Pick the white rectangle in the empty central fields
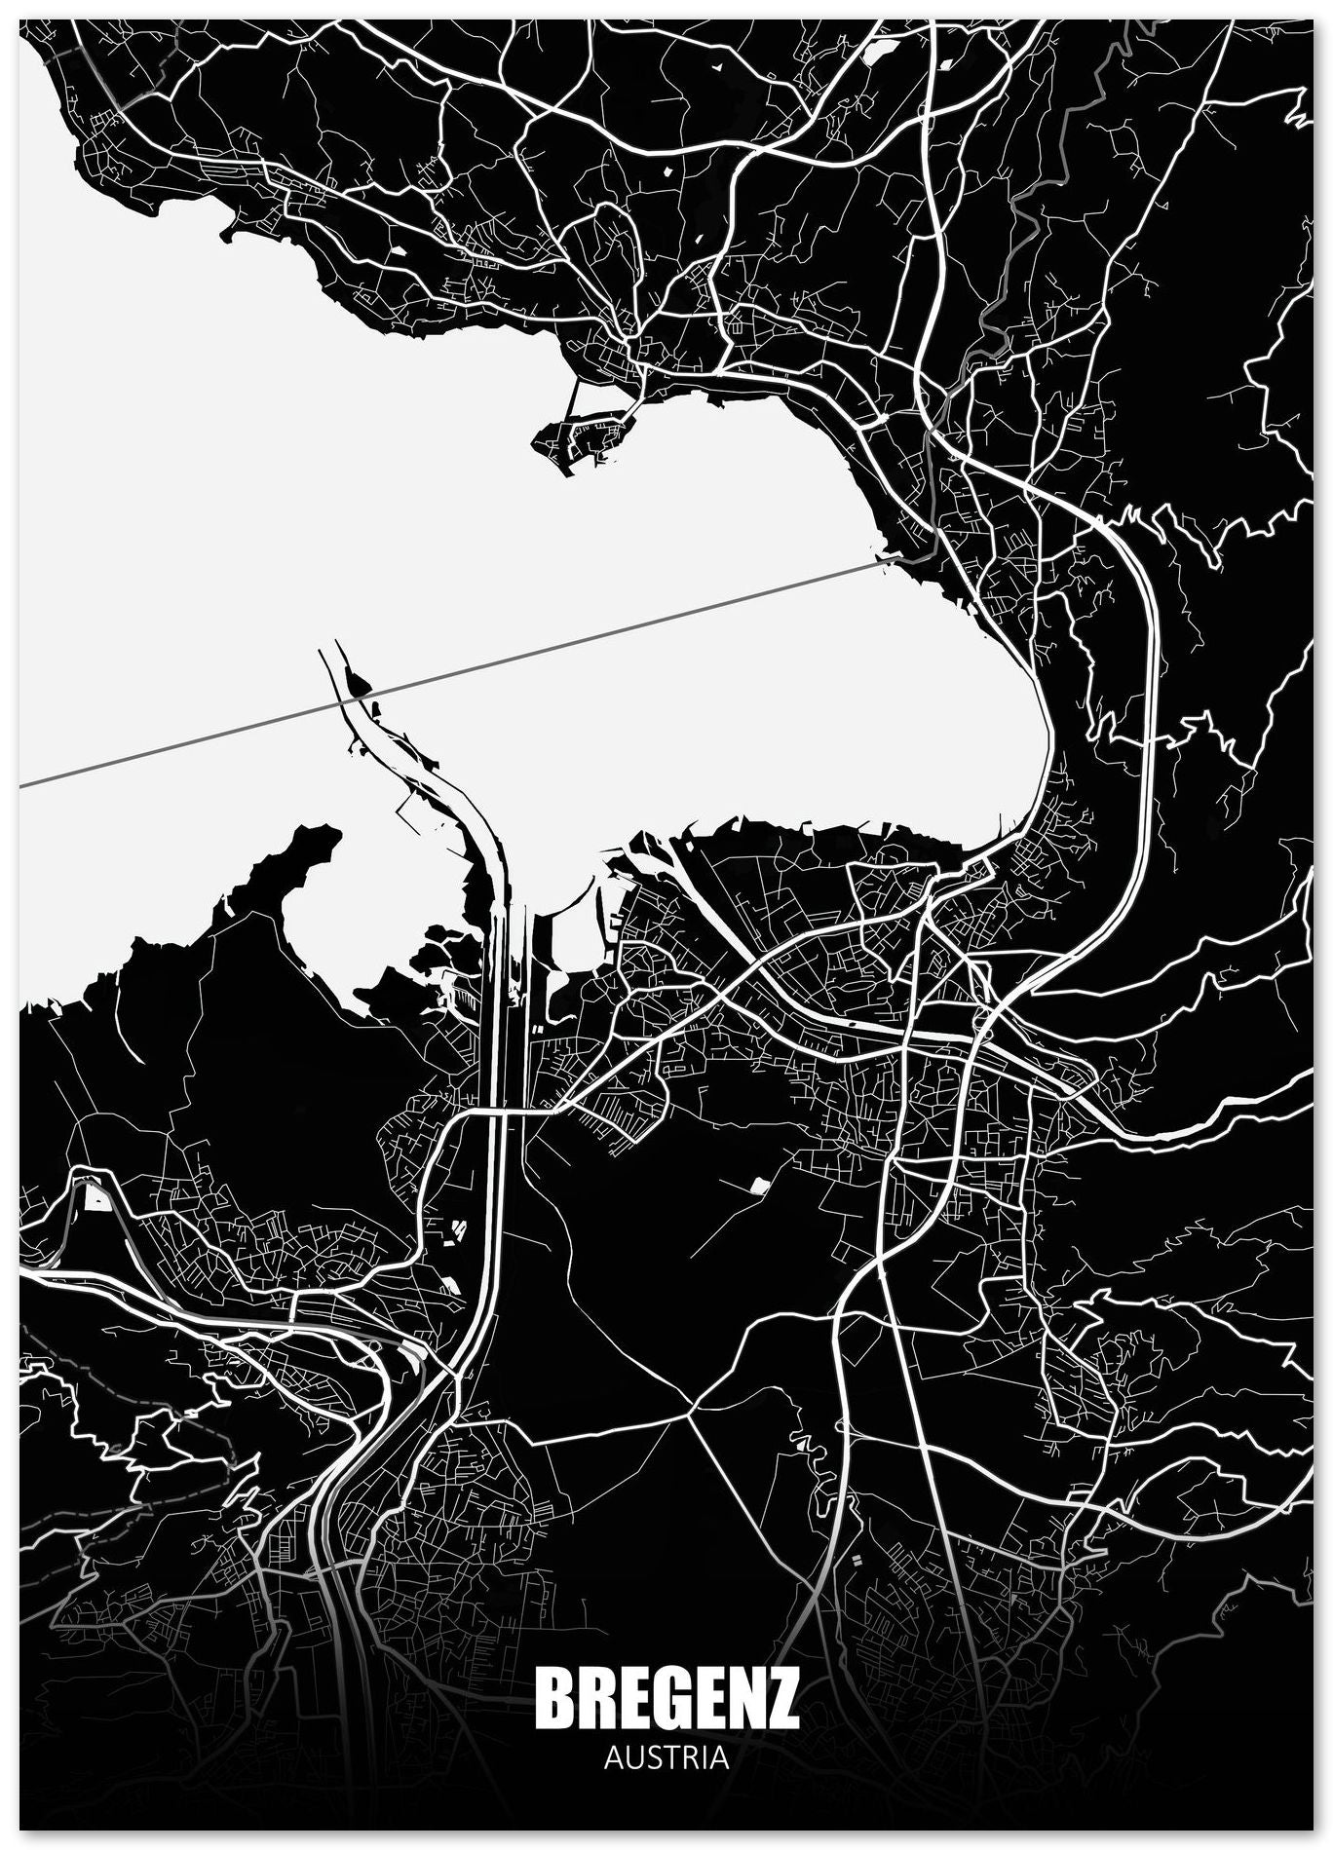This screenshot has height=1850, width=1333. click(758, 1186)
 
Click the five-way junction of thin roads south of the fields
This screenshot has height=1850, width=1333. click(694, 1411)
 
